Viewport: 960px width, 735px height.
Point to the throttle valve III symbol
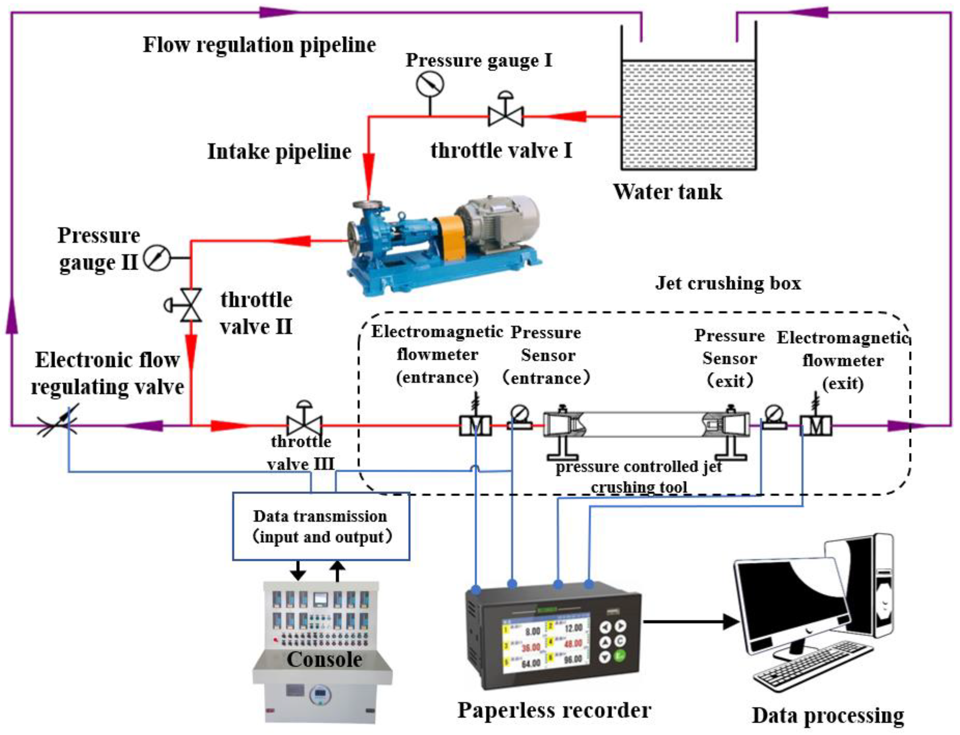click(305, 424)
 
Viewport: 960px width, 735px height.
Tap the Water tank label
click(667, 192)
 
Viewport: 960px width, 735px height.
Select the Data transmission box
click(321, 526)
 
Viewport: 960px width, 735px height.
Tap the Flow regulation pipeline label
click(259, 45)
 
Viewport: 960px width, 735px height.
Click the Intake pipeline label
click(279, 152)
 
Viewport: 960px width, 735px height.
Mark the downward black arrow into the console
click(298, 570)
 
